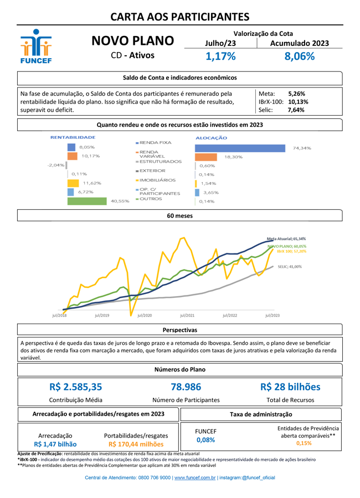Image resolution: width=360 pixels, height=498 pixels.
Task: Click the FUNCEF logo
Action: [x=36, y=46]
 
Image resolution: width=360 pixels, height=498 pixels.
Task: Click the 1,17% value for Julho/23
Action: [x=220, y=56]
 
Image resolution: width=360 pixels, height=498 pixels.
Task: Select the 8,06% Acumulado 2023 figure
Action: [x=299, y=56]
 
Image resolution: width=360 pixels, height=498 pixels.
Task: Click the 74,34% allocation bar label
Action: [x=302, y=148]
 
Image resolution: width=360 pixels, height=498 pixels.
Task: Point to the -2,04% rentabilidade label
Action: [x=55, y=165]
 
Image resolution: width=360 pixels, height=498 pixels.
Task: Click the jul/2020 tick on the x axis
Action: [x=144, y=315]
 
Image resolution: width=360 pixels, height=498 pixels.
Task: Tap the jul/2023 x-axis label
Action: [x=272, y=315]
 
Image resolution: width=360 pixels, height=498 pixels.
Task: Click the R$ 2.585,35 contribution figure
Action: [x=75, y=387]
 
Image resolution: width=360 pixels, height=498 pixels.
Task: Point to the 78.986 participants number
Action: [x=186, y=387]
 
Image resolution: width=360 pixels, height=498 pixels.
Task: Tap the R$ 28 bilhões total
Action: [x=290, y=387]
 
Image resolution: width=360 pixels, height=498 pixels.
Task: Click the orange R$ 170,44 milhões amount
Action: [x=136, y=444]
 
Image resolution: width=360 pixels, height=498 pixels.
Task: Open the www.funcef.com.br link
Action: [x=194, y=478]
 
